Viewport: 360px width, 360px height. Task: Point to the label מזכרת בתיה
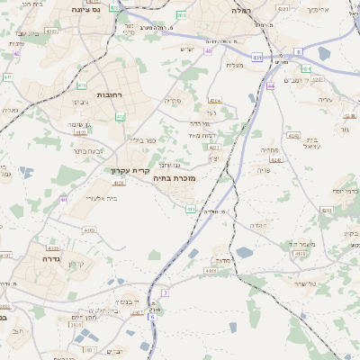click(175, 178)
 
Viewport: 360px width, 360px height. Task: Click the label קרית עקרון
click(130, 170)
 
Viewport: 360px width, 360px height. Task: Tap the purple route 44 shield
click(271, 86)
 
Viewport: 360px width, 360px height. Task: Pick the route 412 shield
click(121, 117)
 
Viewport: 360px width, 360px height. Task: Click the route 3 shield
click(166, 292)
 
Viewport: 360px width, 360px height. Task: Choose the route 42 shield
click(17, 53)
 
